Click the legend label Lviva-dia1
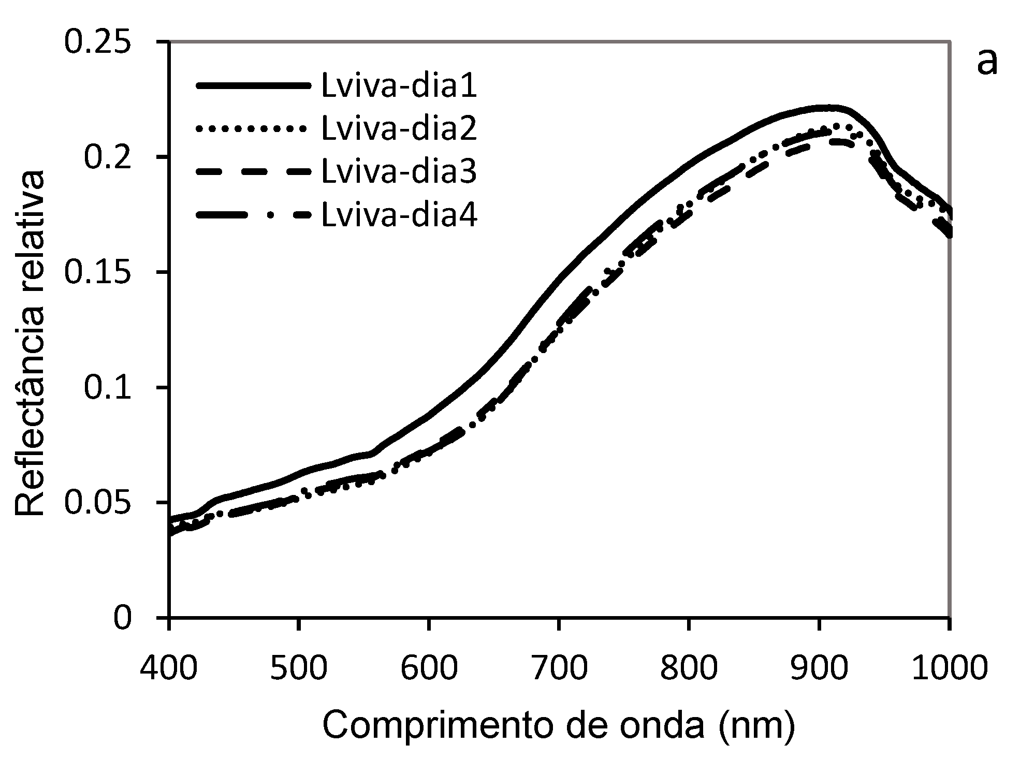point(399,86)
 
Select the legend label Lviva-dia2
point(399,129)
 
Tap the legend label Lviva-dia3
point(399,172)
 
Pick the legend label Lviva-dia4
point(399,215)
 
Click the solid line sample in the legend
point(254,86)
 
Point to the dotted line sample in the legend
point(254,129)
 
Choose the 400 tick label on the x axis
point(169,668)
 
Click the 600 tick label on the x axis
point(429,668)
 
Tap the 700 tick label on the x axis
point(559,668)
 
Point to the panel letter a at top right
point(986,63)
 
